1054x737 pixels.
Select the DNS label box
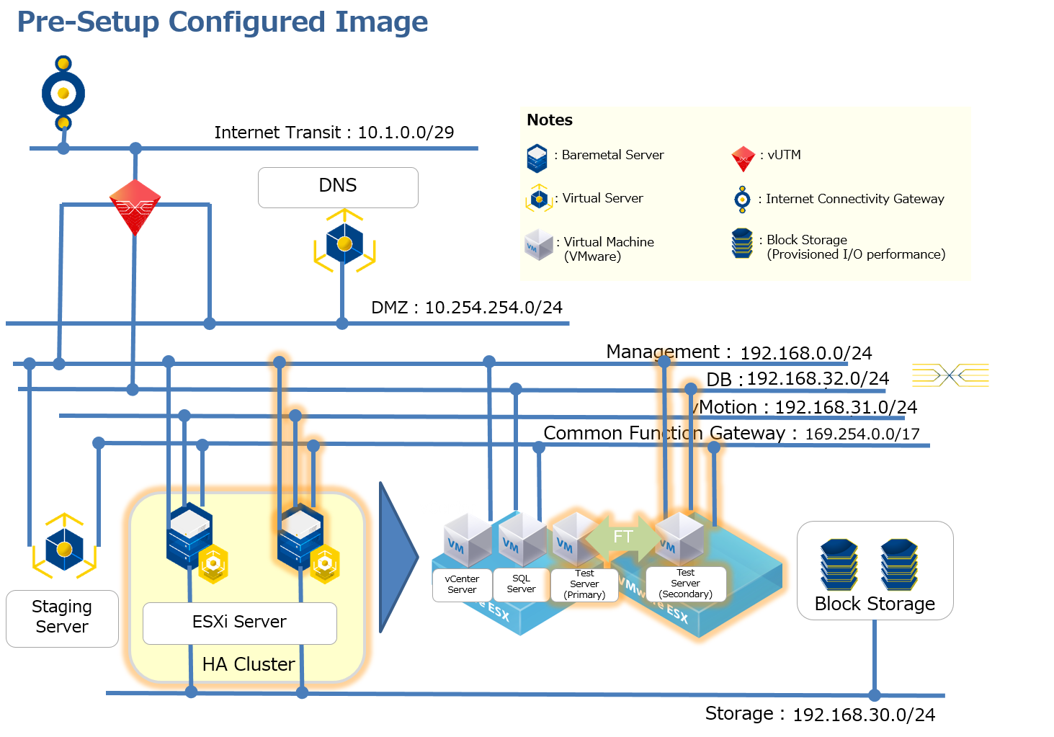click(x=338, y=187)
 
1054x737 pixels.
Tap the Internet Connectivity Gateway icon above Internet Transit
click(x=63, y=93)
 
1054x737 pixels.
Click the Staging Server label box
click(x=62, y=617)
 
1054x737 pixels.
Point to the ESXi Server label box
click(x=239, y=622)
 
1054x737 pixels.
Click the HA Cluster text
click(x=249, y=664)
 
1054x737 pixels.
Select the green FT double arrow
click(x=622, y=537)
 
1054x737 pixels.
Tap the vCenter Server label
click(x=462, y=584)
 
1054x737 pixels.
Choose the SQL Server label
click(x=521, y=584)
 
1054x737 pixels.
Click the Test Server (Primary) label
click(x=584, y=584)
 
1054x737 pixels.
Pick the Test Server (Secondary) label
click(x=685, y=584)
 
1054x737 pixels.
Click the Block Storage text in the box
click(x=875, y=604)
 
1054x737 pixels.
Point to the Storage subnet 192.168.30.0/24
click(x=864, y=715)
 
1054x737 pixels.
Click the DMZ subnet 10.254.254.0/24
click(x=493, y=308)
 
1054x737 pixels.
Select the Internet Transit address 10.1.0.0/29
click(x=406, y=133)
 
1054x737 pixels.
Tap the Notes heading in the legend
click(x=550, y=120)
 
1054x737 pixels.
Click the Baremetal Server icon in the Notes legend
click(x=537, y=158)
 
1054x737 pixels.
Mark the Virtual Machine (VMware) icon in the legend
click(x=538, y=245)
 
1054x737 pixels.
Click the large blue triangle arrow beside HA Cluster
click(x=396, y=557)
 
